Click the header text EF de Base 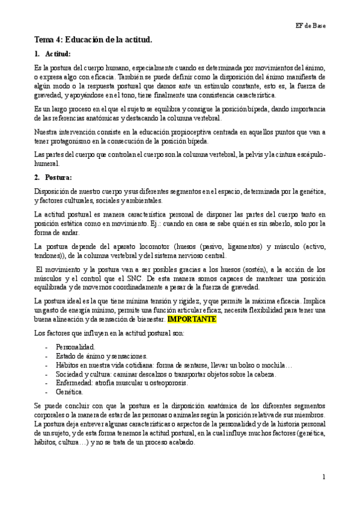[x=310, y=24]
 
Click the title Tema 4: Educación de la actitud [x=93, y=40]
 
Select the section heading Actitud [x=58, y=54]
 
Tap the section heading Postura [x=58, y=177]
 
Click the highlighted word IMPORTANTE [x=192, y=318]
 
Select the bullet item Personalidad [x=75, y=348]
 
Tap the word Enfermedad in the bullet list [x=74, y=382]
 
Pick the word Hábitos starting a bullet [x=67, y=365]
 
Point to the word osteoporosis [x=171, y=382]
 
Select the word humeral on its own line [x=47, y=163]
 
